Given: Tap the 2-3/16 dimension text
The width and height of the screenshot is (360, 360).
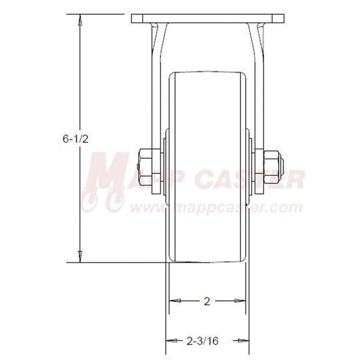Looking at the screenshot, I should (206, 340).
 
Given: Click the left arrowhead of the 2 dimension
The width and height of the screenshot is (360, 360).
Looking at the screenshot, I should (172, 300).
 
